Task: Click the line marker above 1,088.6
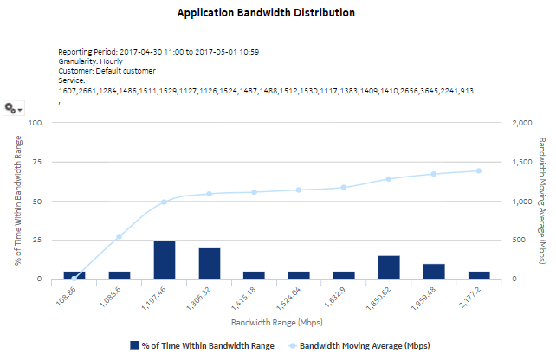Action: [x=120, y=236]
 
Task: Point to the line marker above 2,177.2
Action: [x=478, y=170]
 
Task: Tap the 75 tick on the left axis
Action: [x=36, y=162]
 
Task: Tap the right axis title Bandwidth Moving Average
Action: [x=541, y=201]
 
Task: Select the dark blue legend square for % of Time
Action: [x=134, y=345]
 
